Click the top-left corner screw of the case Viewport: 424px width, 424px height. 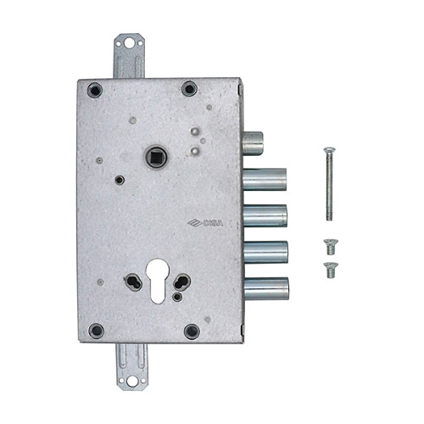coord(96,89)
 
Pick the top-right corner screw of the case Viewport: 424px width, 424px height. coord(189,88)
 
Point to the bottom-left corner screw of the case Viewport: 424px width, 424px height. coord(97,331)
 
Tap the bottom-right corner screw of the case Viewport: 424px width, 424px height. coord(192,331)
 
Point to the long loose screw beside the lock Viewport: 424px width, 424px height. coord(326,187)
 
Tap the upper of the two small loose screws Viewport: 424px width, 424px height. coord(329,248)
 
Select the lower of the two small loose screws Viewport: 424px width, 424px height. coord(329,270)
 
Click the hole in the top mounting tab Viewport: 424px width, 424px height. coord(129,42)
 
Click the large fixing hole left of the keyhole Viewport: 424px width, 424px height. coord(135,282)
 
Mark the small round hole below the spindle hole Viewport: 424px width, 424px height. coord(120,180)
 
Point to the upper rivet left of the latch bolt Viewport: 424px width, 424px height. coord(196,132)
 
